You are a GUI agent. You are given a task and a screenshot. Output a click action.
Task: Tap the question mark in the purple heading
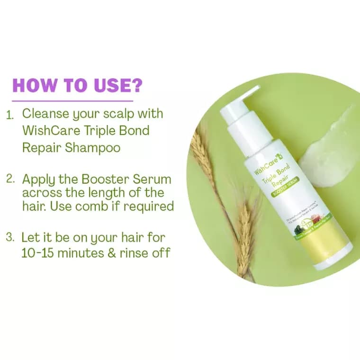point(136,85)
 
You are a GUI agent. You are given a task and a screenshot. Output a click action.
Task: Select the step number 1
point(10,115)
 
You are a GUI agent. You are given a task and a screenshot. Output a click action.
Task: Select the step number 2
point(10,180)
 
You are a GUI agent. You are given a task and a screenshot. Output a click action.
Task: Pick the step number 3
point(10,237)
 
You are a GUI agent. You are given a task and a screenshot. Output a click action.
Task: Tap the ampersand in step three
point(112,252)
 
